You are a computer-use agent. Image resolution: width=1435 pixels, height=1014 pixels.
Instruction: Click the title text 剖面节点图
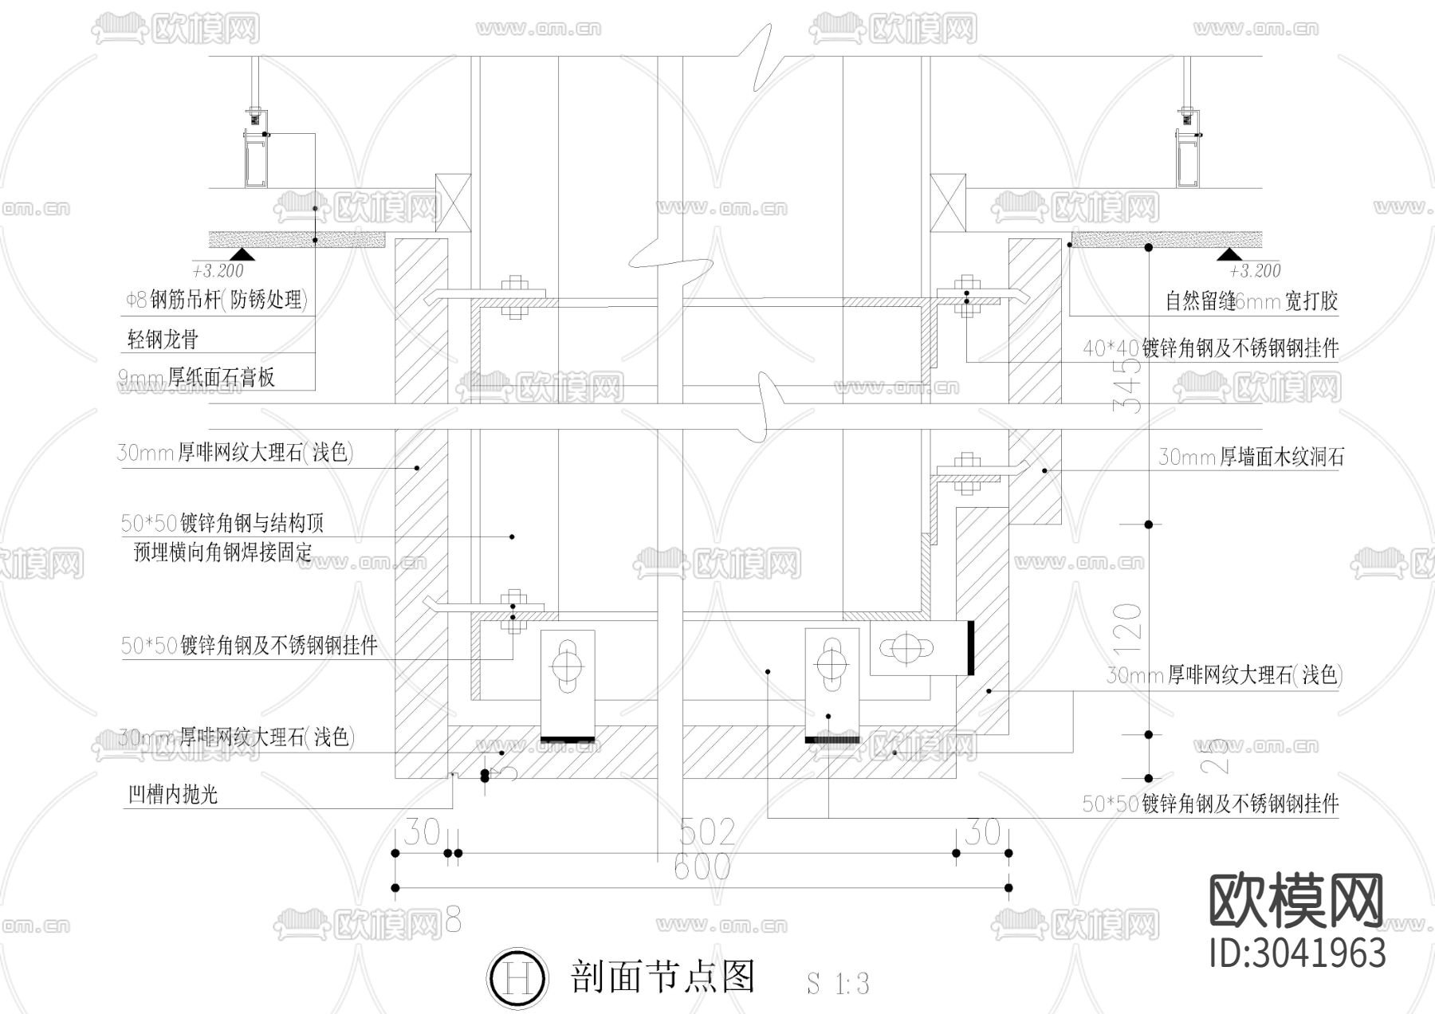coord(662,976)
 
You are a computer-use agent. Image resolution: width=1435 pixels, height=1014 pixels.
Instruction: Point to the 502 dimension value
coord(706,833)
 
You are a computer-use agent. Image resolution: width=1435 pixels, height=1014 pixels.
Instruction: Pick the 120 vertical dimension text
coord(1128,623)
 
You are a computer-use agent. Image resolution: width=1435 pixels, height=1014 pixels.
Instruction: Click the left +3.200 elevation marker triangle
coord(242,254)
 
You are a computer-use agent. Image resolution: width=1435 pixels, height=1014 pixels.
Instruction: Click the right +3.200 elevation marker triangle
coord(1230,254)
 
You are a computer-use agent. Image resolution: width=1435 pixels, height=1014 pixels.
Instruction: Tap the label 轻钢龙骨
coord(163,340)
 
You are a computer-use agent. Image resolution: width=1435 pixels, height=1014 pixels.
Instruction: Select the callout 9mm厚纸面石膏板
coord(197,377)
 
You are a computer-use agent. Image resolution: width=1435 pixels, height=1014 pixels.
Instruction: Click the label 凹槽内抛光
coord(173,794)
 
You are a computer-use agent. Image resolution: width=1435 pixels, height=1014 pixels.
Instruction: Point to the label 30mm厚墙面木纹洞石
coord(1251,457)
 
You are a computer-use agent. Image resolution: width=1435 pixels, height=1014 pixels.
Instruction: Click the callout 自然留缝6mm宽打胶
coord(1251,301)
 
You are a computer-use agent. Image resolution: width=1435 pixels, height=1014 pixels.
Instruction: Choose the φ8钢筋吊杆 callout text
coord(216,301)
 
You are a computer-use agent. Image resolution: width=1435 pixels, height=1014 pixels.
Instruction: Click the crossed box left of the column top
coord(454,203)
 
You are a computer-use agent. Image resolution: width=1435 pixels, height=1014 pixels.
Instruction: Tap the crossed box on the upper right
coord(948,203)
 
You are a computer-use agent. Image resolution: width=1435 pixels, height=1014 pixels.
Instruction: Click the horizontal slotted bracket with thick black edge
coord(921,649)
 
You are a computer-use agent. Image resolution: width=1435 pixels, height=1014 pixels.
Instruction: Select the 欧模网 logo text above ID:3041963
coord(1296,901)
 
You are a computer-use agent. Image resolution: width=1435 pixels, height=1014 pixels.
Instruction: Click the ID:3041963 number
coord(1297,953)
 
